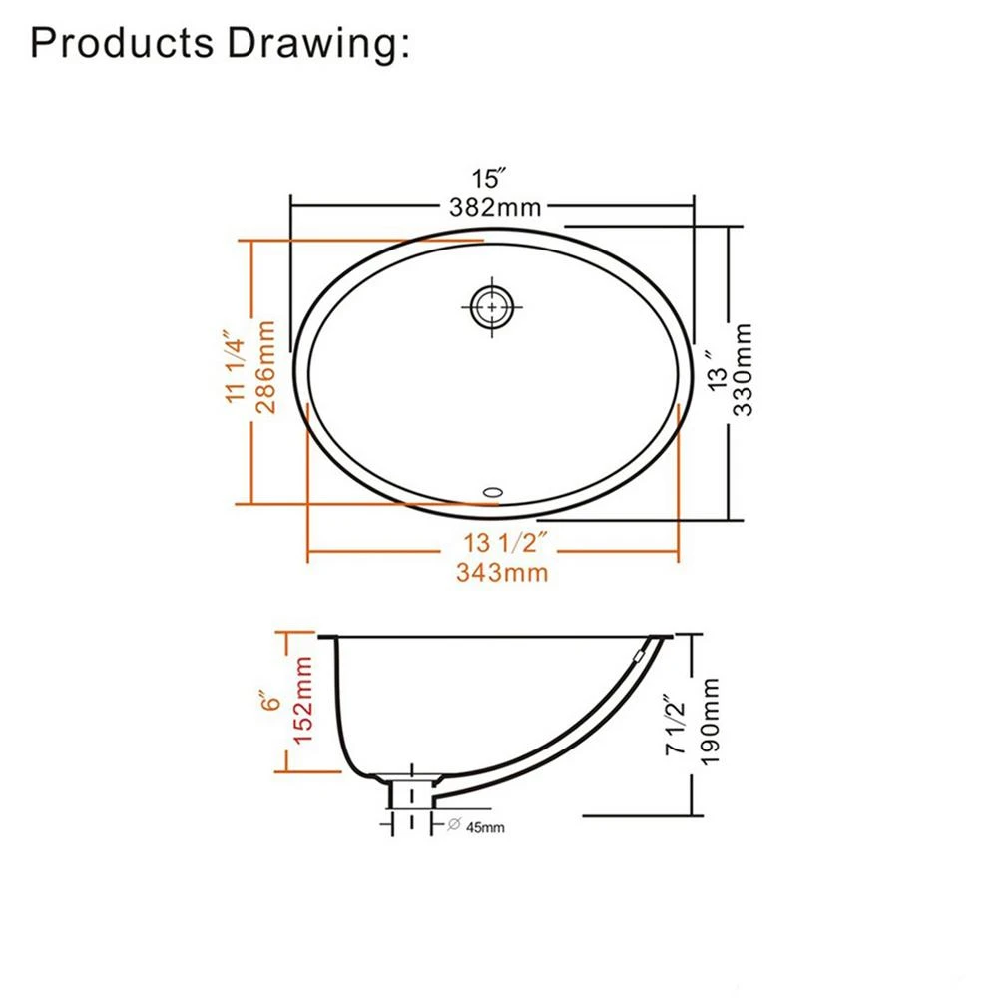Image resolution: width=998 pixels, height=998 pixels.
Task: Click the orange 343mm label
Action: (501, 573)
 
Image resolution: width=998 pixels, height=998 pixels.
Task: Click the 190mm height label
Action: (711, 722)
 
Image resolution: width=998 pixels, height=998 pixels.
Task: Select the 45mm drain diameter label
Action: (484, 826)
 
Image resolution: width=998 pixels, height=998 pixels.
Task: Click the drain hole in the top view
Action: (492, 307)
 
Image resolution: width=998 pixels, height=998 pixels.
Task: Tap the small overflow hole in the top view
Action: (494, 491)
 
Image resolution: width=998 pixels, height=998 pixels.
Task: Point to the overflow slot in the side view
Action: (641, 656)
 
